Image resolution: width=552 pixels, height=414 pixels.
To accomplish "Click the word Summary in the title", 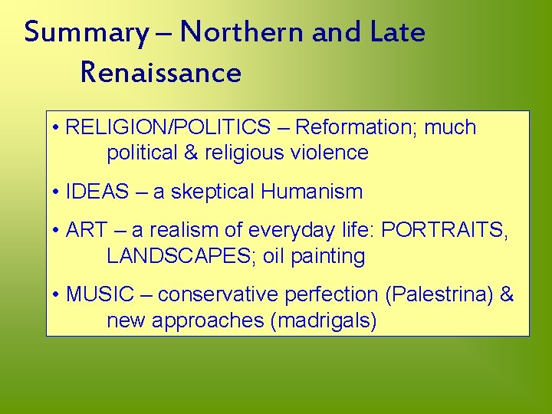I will [85, 34].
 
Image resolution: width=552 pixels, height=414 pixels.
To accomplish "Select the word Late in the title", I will [397, 32].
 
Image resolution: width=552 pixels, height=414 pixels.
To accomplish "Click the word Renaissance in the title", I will [160, 73].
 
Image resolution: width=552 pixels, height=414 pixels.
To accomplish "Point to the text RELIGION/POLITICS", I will [168, 127].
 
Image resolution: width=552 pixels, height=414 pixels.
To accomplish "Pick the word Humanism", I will [312, 192].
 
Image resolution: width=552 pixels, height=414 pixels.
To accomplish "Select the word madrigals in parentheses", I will [323, 320].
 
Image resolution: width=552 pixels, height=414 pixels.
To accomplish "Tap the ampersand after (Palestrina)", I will [507, 294].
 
